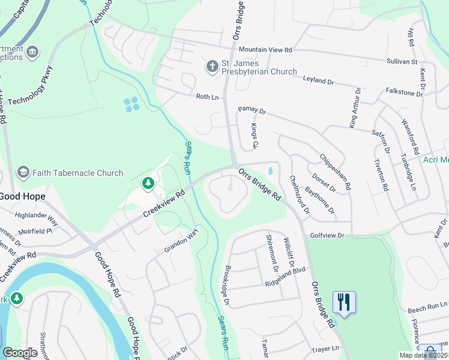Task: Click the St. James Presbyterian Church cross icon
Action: click(212, 66)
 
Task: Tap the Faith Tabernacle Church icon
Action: click(23, 173)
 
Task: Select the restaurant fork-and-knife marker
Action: click(344, 302)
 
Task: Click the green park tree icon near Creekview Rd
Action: click(148, 183)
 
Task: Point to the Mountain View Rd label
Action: click(265, 50)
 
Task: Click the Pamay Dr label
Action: click(252, 110)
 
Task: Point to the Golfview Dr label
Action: click(327, 236)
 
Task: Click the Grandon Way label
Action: click(181, 242)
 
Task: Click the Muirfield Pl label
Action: click(37, 230)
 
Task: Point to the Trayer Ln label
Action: click(325, 348)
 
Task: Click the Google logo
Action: click(20, 353)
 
